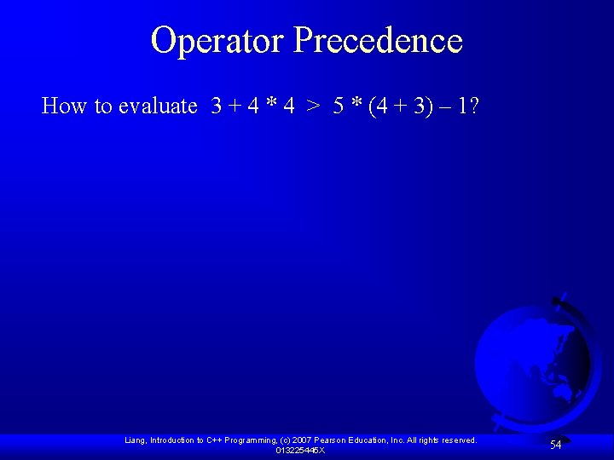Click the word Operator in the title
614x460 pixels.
pos(217,40)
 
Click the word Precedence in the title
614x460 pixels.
pos(378,40)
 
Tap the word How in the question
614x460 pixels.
pos(65,106)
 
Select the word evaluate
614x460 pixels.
pos(159,106)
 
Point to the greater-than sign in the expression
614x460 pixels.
pos(314,106)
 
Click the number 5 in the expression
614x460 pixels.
pos(339,106)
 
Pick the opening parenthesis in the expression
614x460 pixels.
pos(373,106)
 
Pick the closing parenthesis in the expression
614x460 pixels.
pos(432,106)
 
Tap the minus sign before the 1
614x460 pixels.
pos(448,106)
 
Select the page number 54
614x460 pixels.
pos(555,445)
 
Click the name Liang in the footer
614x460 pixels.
pos(135,440)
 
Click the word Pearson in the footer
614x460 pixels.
pos(333,440)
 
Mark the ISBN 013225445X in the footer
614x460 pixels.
pos(300,450)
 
